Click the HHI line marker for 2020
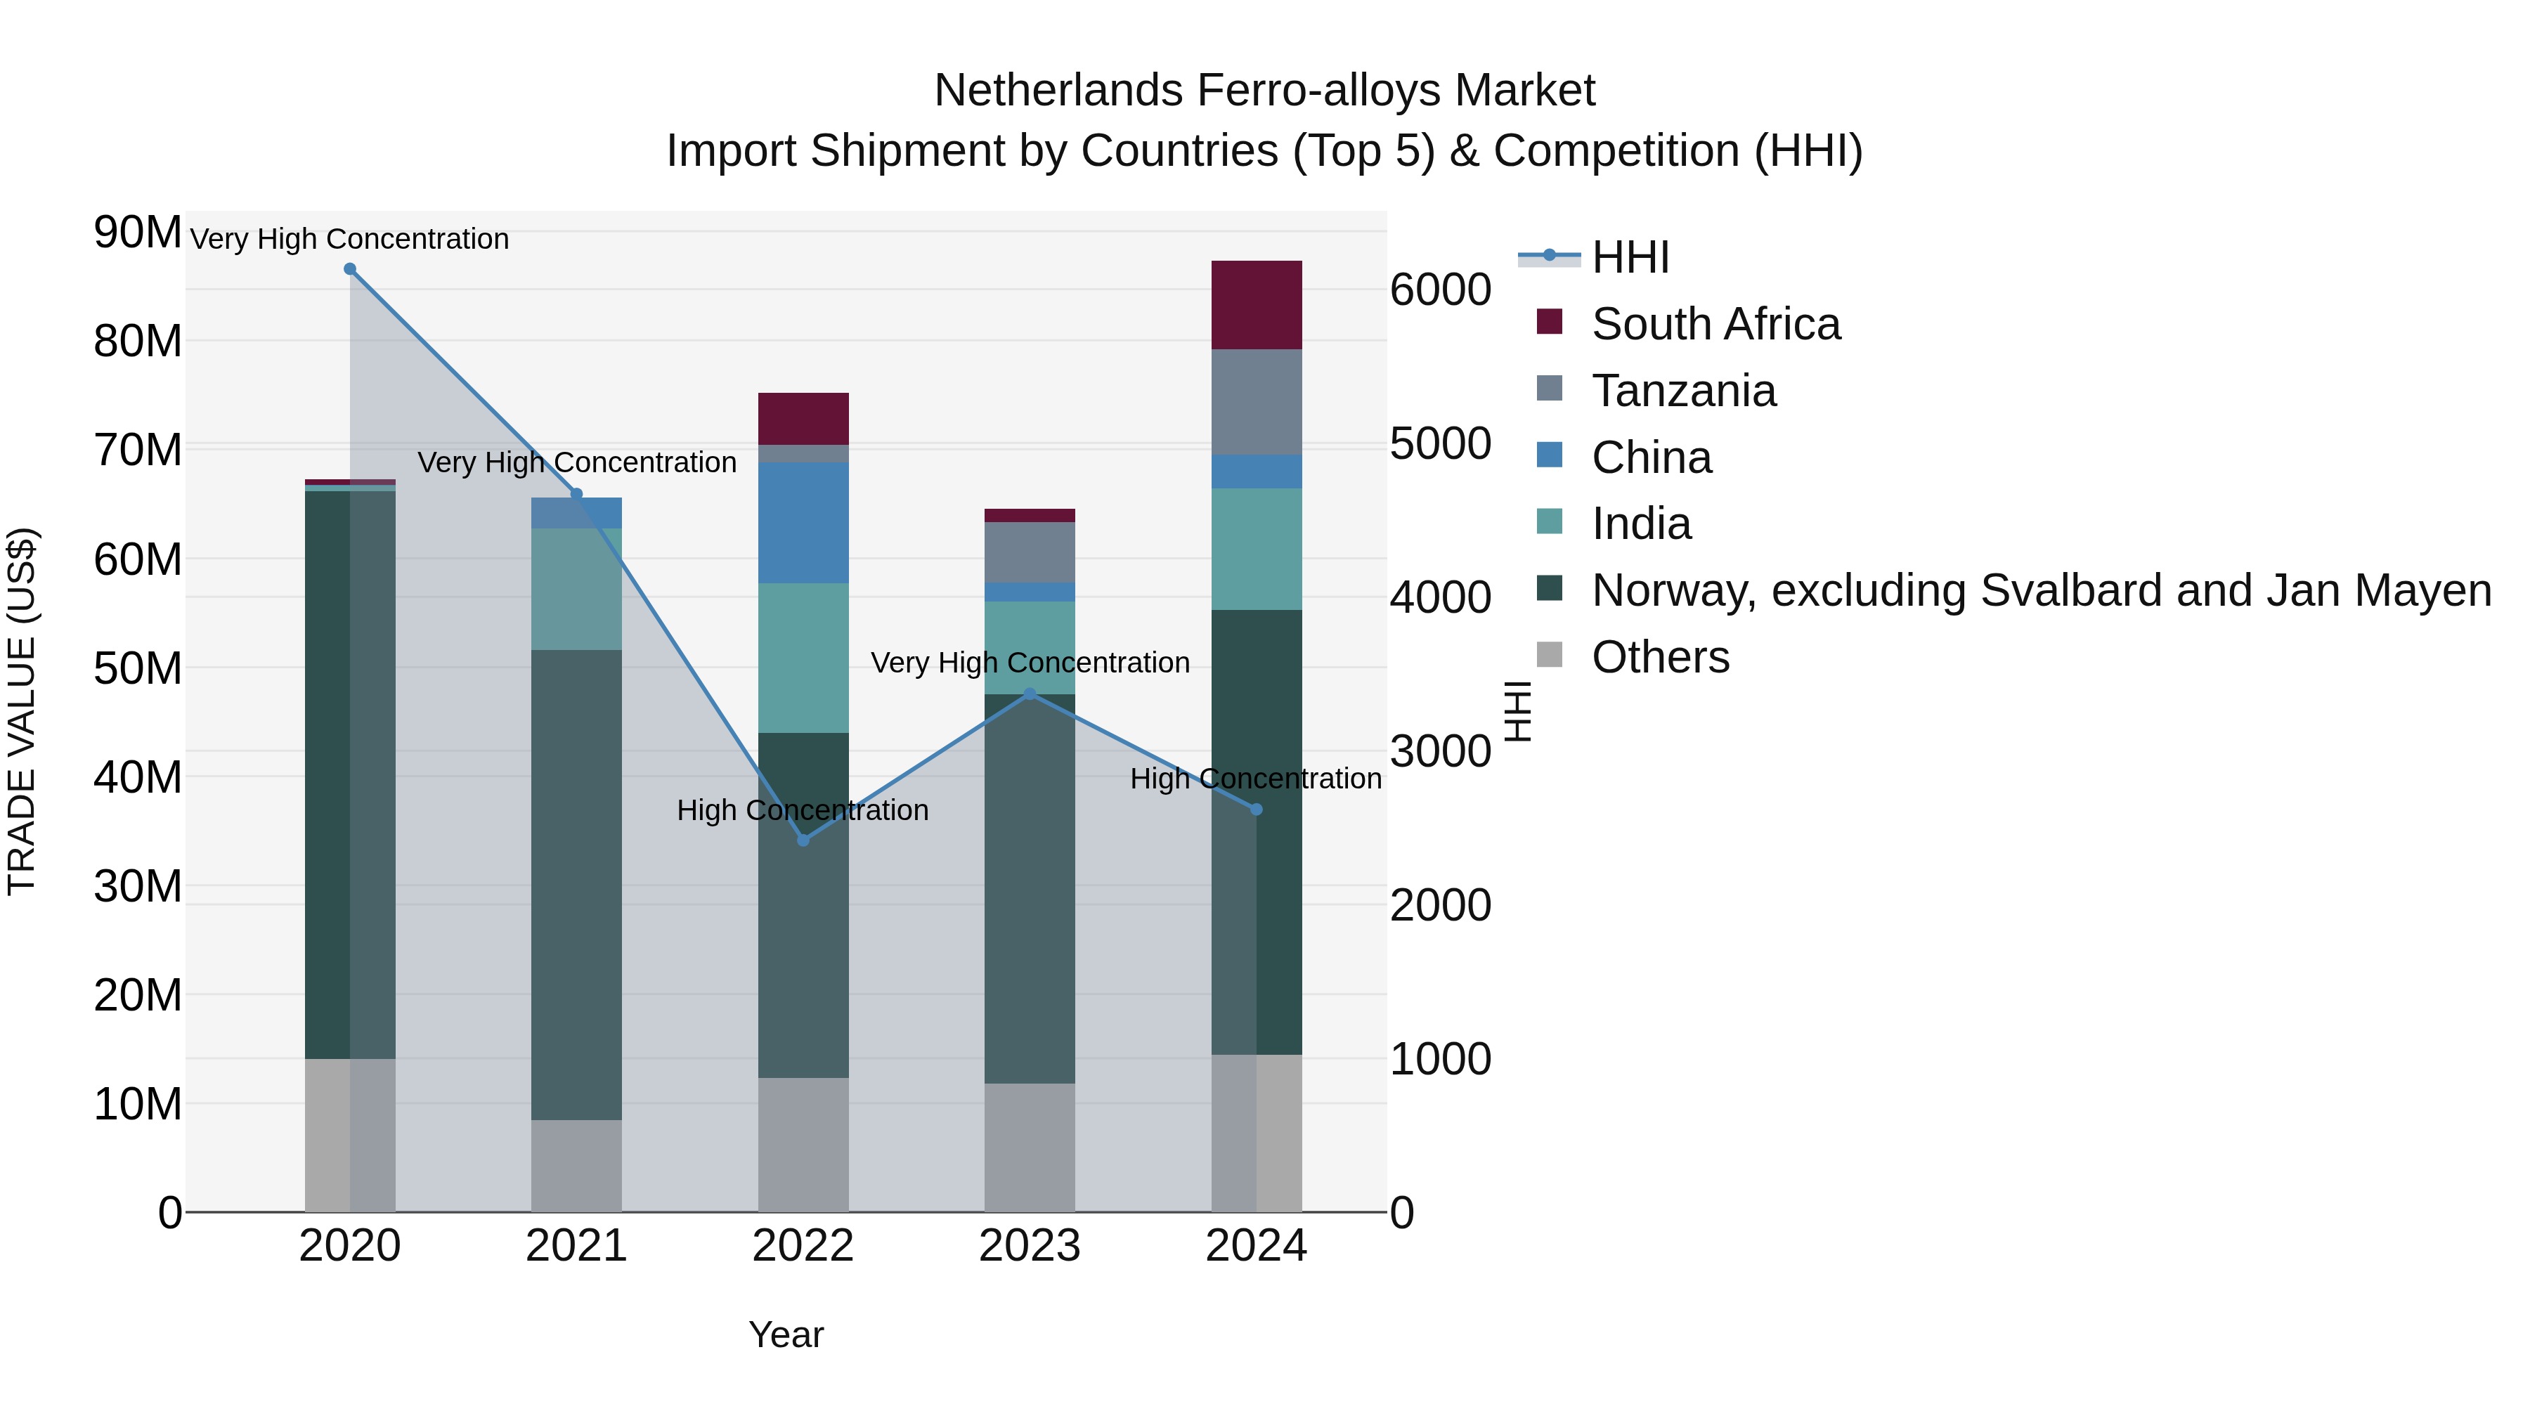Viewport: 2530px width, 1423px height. (x=350, y=269)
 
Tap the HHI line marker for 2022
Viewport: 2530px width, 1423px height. (x=803, y=840)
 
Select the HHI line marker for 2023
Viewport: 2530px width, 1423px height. (x=1030, y=694)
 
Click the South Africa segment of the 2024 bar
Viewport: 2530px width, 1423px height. (x=1256, y=306)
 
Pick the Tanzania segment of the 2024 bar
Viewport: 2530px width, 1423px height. (x=1256, y=402)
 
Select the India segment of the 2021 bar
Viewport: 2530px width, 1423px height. (x=576, y=590)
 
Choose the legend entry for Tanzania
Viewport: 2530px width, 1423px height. (x=1682, y=391)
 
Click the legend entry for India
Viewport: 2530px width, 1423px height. (x=1640, y=524)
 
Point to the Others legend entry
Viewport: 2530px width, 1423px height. (x=1660, y=657)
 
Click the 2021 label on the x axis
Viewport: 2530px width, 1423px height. (x=576, y=1246)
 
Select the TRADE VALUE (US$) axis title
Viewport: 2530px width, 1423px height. (x=22, y=711)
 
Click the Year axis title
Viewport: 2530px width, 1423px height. (x=786, y=1334)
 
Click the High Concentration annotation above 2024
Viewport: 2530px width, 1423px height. (x=1255, y=779)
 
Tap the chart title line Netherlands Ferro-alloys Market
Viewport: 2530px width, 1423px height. (x=1264, y=91)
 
